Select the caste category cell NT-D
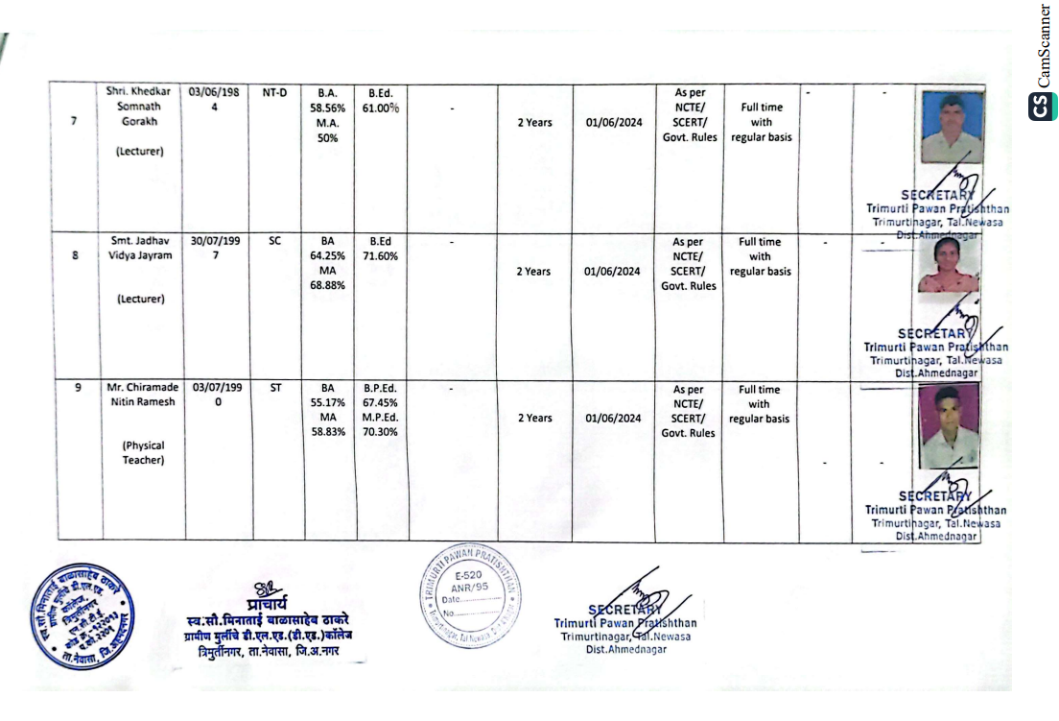[274, 93]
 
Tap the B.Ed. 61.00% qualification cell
[381, 101]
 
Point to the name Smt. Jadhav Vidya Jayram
[140, 249]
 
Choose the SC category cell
[274, 242]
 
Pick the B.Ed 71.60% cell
[381, 250]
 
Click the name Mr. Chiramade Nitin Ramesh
[140, 396]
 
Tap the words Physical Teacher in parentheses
[143, 453]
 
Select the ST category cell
[274, 389]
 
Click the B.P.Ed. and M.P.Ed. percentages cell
[381, 411]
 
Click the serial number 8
[75, 256]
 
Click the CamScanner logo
[1043, 106]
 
